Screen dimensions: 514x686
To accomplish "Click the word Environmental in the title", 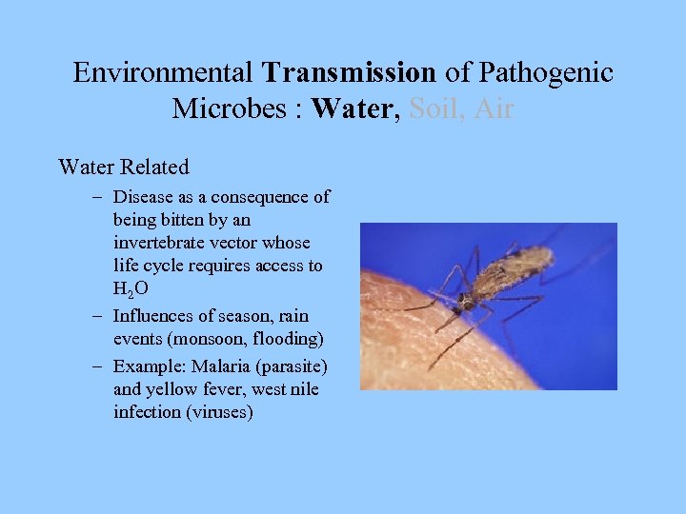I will click(x=163, y=72).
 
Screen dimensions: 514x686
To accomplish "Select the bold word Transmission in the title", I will click(x=349, y=72).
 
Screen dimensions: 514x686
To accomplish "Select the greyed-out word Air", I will click(x=494, y=109).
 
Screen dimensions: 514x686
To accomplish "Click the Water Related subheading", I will click(x=124, y=168).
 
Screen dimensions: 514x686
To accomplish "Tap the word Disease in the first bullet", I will click(x=143, y=197).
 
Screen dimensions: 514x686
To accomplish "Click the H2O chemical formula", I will click(x=130, y=287).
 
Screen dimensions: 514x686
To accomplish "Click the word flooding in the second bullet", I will click(x=289, y=339).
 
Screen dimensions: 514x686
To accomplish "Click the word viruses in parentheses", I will click(x=223, y=412).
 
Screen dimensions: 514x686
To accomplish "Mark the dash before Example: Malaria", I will click(x=99, y=366).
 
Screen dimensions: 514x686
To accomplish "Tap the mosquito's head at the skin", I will click(x=463, y=305).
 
